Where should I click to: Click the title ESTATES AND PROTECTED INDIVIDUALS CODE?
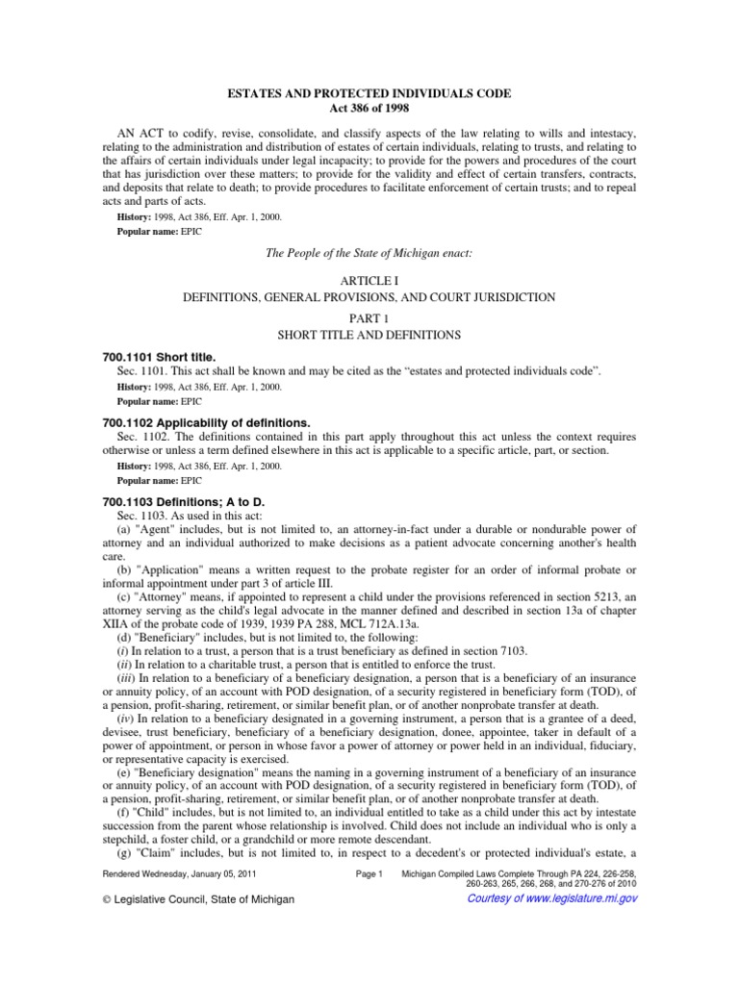369,93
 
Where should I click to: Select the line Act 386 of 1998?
369,108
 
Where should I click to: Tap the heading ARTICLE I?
369,279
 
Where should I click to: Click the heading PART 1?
369,316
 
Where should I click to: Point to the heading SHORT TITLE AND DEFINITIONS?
369,335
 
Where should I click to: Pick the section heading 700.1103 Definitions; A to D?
184,503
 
